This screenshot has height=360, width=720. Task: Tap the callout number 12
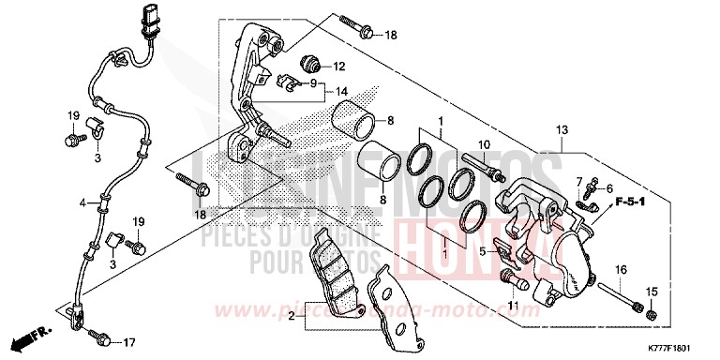click(x=338, y=67)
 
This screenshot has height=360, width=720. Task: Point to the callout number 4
click(x=82, y=202)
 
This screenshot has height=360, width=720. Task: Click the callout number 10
click(x=485, y=145)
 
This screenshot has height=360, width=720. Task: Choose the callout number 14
click(x=327, y=93)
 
